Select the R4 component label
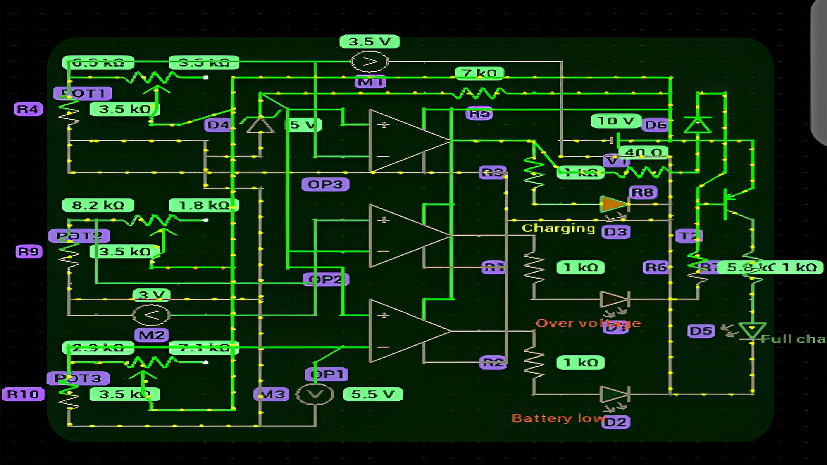pyautogui.click(x=28, y=109)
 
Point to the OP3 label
pyautogui.click(x=325, y=184)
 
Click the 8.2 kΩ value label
pyautogui.click(x=98, y=205)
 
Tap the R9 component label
pyautogui.click(x=29, y=252)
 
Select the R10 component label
pyautogui.click(x=23, y=394)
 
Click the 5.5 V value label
pyautogui.click(x=373, y=394)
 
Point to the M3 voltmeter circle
pyautogui.click(x=314, y=394)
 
